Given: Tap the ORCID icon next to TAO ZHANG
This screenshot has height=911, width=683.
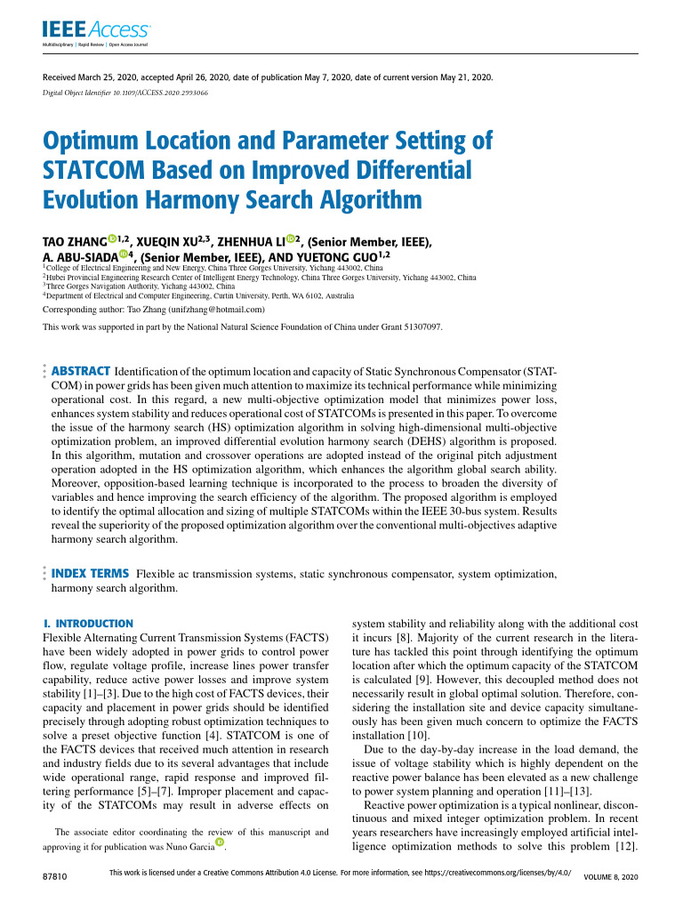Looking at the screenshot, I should [x=112, y=238].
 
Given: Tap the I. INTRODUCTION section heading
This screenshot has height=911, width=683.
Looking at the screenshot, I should [x=88, y=624].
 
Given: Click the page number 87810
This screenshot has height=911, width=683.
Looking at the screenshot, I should [x=57, y=878].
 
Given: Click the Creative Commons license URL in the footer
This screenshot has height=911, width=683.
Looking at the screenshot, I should [x=492, y=875].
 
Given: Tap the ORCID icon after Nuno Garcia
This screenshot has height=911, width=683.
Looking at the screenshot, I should [x=219, y=842].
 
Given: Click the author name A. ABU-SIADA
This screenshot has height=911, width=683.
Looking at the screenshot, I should [x=79, y=259].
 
